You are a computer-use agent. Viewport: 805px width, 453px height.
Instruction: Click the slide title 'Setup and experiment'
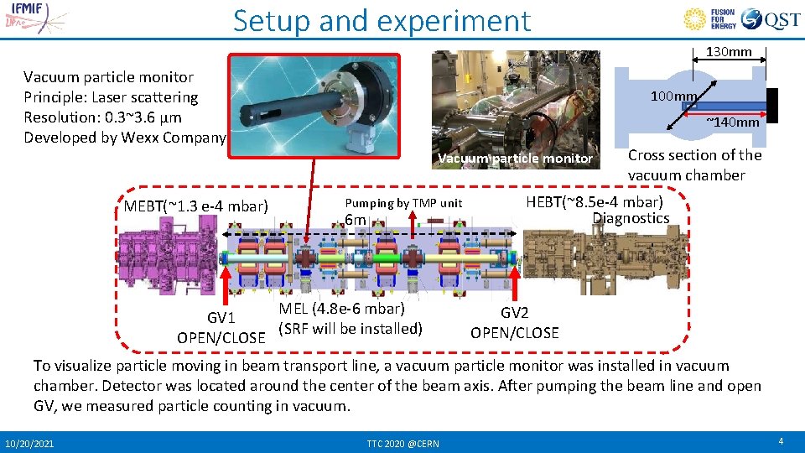(x=382, y=20)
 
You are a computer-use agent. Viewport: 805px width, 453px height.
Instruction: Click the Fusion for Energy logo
(x=711, y=19)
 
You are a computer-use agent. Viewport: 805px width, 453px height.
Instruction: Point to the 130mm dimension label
(x=729, y=52)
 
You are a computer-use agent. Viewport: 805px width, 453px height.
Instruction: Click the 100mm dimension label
(x=673, y=96)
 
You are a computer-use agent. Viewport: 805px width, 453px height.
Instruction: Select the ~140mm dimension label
(x=732, y=122)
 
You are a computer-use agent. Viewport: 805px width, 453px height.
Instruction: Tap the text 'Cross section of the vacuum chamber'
(x=694, y=165)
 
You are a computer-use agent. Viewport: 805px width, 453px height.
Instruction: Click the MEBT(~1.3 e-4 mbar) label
(x=195, y=206)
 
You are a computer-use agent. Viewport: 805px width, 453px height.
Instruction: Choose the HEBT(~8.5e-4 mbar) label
(x=594, y=202)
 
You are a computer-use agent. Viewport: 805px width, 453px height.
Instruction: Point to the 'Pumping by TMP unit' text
(x=403, y=203)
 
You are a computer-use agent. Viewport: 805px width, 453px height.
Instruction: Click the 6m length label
(x=356, y=220)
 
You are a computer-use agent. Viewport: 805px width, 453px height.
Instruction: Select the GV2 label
(x=514, y=313)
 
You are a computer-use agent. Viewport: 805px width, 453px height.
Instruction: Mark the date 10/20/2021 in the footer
(x=29, y=442)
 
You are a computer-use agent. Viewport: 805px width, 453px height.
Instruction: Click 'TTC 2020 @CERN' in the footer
(x=402, y=442)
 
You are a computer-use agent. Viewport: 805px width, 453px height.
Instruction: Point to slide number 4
(x=780, y=441)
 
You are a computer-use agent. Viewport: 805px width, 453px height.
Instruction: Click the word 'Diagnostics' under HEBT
(x=631, y=218)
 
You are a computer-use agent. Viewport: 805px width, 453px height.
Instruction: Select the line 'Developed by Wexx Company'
(x=125, y=138)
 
